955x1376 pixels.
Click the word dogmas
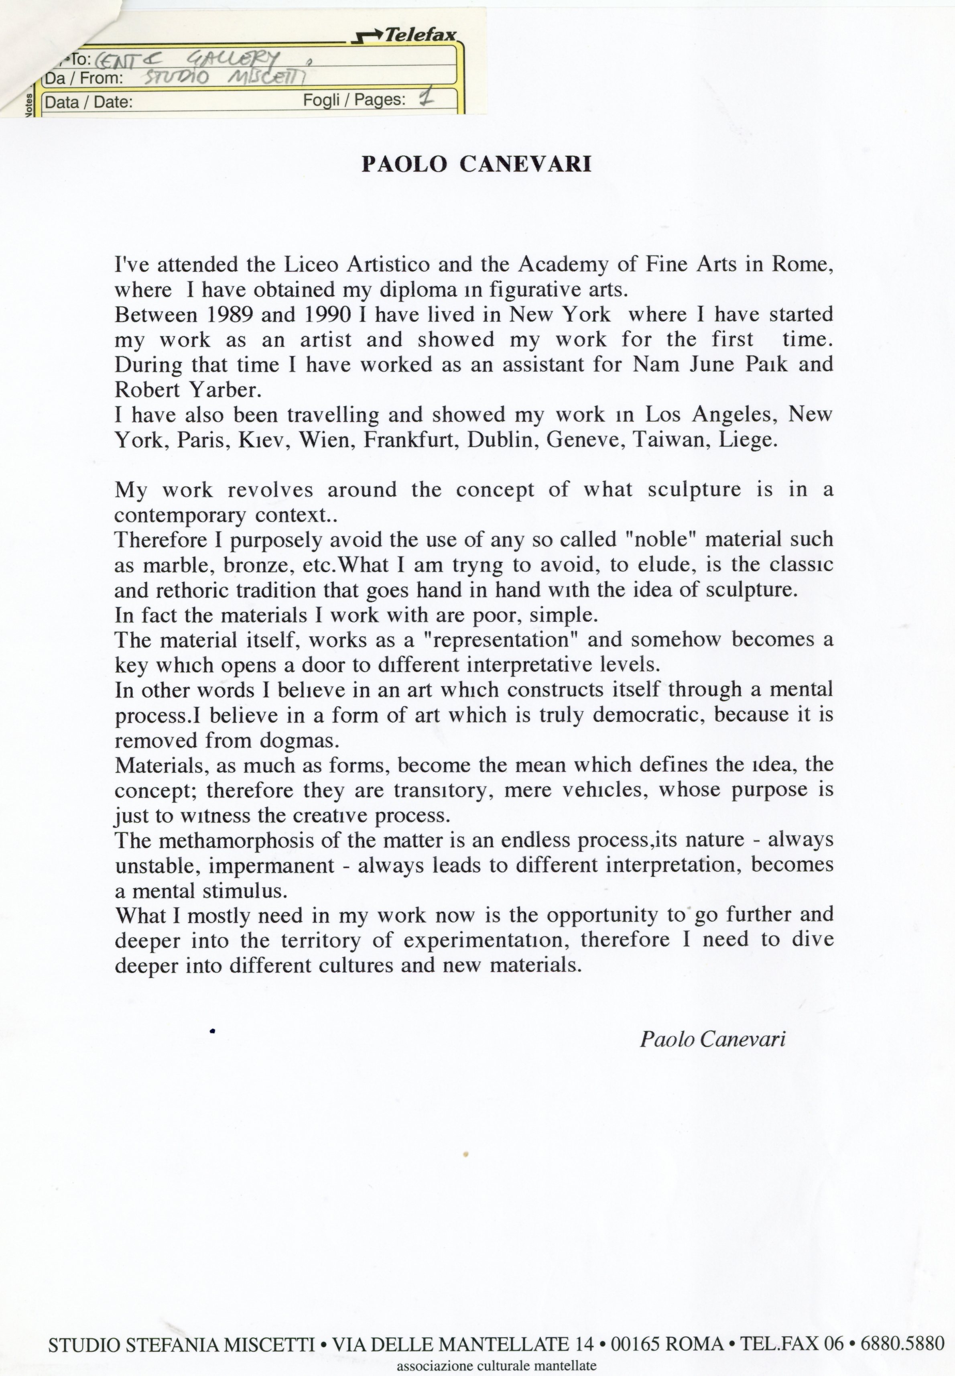299,741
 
